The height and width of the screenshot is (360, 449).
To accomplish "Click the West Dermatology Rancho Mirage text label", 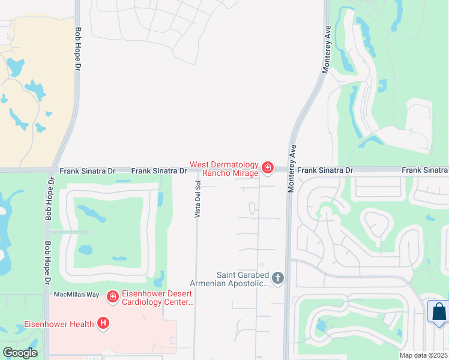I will click(x=224, y=169).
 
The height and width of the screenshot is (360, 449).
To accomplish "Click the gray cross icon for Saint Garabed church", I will click(x=277, y=278).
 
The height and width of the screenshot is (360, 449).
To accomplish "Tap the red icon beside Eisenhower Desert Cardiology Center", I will click(x=112, y=296).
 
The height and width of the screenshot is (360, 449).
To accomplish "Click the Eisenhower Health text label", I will click(x=59, y=325).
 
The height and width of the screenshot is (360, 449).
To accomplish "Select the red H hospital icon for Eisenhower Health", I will click(x=104, y=324).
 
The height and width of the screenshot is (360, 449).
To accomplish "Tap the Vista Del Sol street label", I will click(x=197, y=199).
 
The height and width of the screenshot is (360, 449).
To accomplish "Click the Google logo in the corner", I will click(x=20, y=353).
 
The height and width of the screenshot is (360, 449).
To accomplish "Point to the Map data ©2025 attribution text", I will click(x=424, y=355).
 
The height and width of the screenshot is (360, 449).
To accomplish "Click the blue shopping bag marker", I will click(x=439, y=313).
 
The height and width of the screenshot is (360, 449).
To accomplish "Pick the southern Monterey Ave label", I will click(x=291, y=169).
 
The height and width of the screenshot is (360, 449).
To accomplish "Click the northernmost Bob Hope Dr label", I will click(x=78, y=50).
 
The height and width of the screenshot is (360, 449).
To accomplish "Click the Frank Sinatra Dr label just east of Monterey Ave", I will click(x=325, y=170).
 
